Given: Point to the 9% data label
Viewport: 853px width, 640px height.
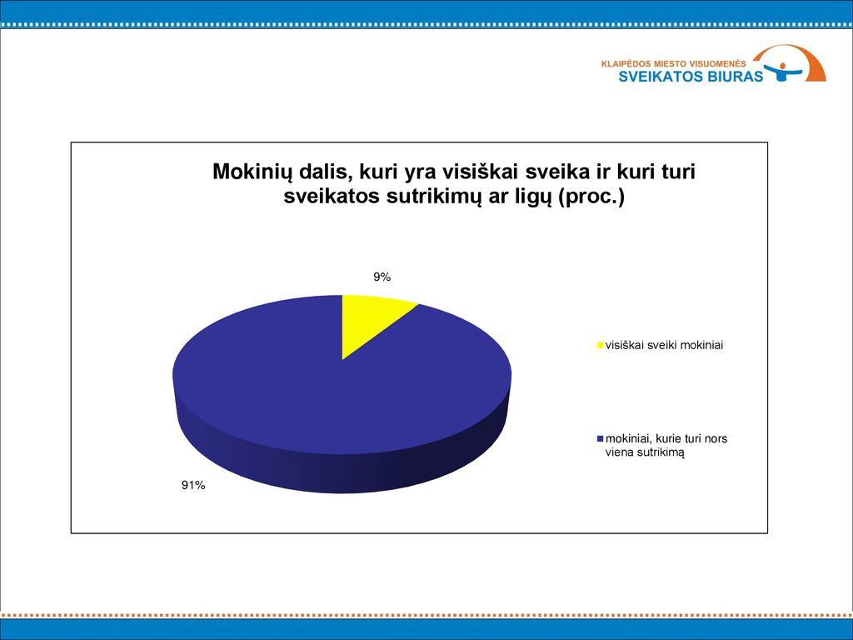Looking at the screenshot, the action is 382,277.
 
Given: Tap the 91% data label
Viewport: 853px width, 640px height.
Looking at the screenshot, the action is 193,486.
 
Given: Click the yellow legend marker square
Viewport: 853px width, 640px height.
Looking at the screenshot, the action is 600,345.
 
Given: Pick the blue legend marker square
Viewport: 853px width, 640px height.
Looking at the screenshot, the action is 600,438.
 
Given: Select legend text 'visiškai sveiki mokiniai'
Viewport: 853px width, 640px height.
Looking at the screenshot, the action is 664,345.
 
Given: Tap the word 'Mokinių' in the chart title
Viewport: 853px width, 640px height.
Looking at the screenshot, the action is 248,172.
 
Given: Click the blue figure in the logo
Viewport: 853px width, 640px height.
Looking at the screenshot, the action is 782,72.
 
